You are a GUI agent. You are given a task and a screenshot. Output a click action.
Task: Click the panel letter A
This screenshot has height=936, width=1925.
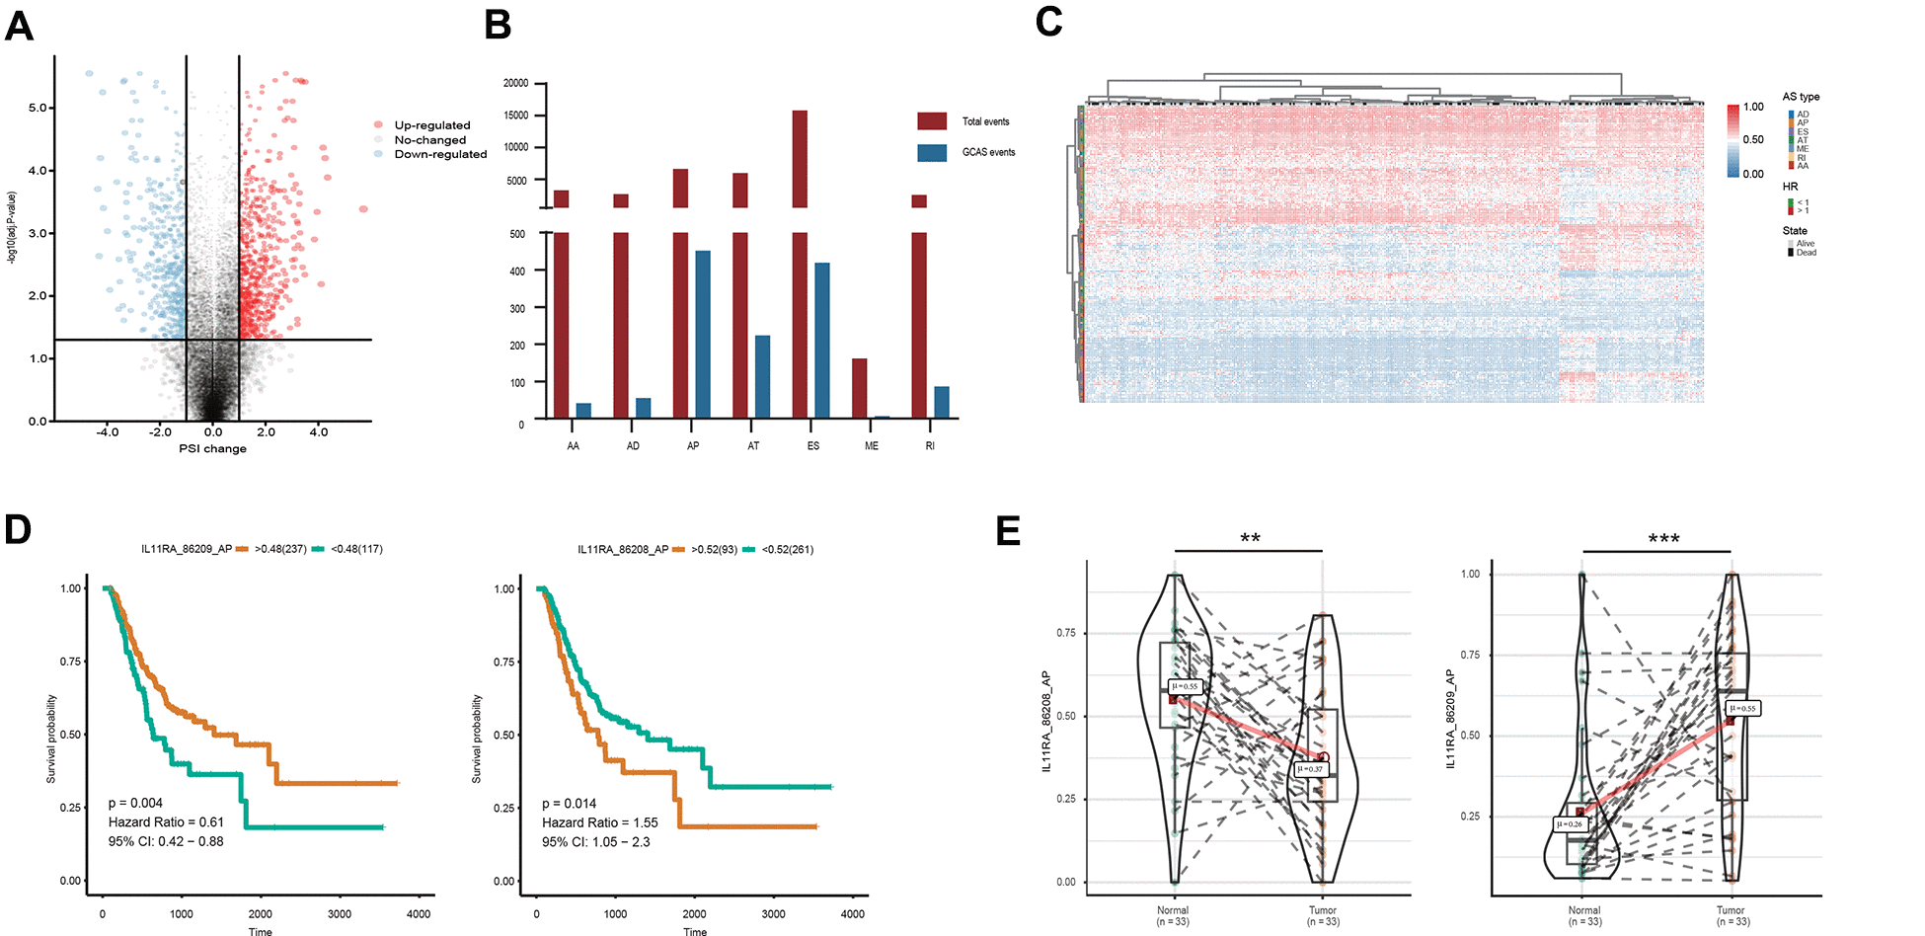pyautogui.click(x=20, y=26)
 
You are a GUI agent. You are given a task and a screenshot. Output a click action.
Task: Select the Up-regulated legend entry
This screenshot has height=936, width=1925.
pyautogui.click(x=431, y=125)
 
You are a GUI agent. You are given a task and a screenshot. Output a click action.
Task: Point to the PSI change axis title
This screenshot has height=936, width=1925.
pyautogui.click(x=212, y=449)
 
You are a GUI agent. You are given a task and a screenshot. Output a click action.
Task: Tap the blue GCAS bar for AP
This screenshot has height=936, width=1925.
pyautogui.click(x=703, y=334)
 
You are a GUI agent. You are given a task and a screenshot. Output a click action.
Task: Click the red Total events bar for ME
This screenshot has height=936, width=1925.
pyautogui.click(x=860, y=388)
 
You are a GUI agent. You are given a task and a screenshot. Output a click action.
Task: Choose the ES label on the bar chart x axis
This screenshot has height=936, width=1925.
pyautogui.click(x=812, y=446)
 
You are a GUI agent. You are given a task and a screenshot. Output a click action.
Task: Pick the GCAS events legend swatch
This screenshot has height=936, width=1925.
pyautogui.click(x=932, y=152)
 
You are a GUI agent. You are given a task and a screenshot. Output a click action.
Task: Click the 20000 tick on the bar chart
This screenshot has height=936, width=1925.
pyautogui.click(x=515, y=83)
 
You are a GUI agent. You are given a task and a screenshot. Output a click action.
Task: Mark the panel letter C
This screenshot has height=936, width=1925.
pyautogui.click(x=1048, y=22)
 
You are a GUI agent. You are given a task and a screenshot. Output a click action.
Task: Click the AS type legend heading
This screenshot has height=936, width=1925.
pyautogui.click(x=1801, y=97)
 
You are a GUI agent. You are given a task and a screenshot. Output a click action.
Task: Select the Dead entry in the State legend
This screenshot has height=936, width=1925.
pyautogui.click(x=1806, y=253)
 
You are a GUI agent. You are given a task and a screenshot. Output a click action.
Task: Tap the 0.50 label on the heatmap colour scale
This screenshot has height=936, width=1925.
pyautogui.click(x=1753, y=140)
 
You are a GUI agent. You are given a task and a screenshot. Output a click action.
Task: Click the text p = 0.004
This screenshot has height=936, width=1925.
pyautogui.click(x=135, y=804)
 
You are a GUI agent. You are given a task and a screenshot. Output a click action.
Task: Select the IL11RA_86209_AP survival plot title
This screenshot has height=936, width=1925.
pyautogui.click(x=187, y=549)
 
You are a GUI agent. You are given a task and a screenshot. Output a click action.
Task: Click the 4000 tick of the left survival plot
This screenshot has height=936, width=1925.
pyautogui.click(x=419, y=914)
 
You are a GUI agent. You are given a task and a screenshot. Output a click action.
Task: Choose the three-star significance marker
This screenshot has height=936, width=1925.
pyautogui.click(x=1663, y=539)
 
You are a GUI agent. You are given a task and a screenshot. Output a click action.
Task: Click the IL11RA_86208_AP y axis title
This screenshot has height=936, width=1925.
pyautogui.click(x=1046, y=721)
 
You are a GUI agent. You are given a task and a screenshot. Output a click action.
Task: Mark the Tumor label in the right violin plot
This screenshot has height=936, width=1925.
pyautogui.click(x=1730, y=910)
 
